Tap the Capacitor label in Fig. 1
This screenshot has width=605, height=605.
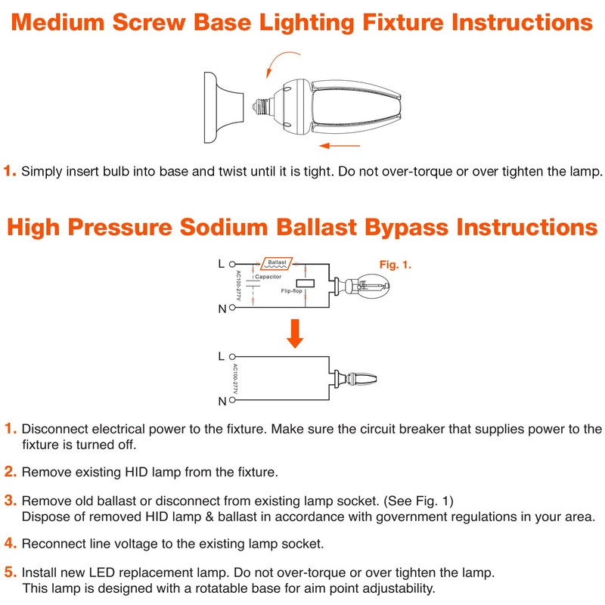pyautogui.click(x=268, y=277)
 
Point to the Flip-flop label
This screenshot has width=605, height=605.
pyautogui.click(x=292, y=290)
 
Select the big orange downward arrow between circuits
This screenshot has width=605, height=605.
pyautogui.click(x=296, y=334)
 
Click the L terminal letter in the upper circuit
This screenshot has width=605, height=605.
pyautogui.click(x=221, y=264)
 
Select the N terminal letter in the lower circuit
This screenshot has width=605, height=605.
pyautogui.click(x=221, y=400)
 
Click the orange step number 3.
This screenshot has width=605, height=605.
pyautogui.click(x=11, y=501)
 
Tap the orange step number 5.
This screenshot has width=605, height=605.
pyautogui.click(x=11, y=572)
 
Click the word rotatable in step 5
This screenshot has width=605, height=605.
pyautogui.click(x=208, y=588)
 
